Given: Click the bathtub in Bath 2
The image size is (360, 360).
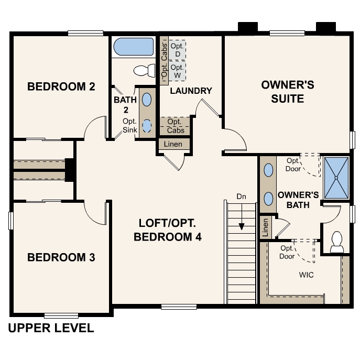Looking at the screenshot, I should pyautogui.click(x=133, y=47).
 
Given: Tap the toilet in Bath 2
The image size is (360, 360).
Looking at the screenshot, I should pyautogui.click(x=145, y=70).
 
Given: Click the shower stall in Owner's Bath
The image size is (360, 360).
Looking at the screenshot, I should pyautogui.click(x=335, y=177).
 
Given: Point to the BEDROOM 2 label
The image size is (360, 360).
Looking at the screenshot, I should pyautogui.click(x=61, y=86).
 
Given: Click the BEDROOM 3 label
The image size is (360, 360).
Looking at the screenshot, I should pyautogui.click(x=61, y=257).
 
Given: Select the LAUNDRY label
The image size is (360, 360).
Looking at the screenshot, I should pyautogui.click(x=191, y=91).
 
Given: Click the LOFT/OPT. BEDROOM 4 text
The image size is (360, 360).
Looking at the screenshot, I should pyautogui.click(x=168, y=230).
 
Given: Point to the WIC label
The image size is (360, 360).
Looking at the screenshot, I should pyautogui.click(x=306, y=275).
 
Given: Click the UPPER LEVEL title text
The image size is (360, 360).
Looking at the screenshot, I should pyautogui.click(x=51, y=329).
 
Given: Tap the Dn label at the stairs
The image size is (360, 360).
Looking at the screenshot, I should pyautogui.click(x=241, y=197).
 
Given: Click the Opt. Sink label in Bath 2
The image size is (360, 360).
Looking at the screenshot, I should pyautogui.click(x=129, y=125).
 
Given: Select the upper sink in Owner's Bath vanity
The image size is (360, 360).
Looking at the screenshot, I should pyautogui.click(x=269, y=170).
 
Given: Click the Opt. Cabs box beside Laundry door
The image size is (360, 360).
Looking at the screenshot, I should pyautogui.click(x=174, y=126).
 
